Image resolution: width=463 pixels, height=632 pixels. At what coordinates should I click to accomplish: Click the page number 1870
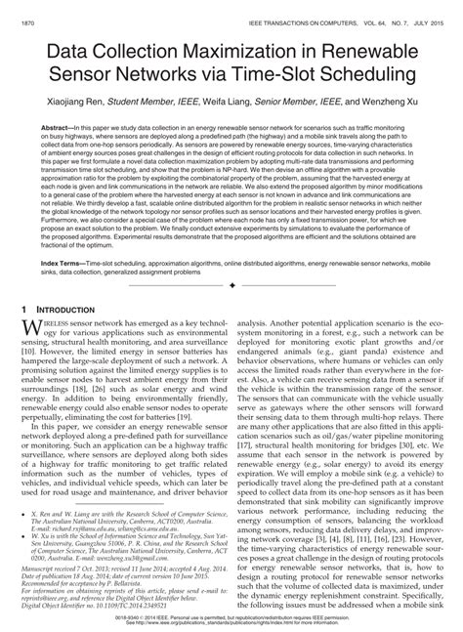pyautogui.click(x=30, y=10)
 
